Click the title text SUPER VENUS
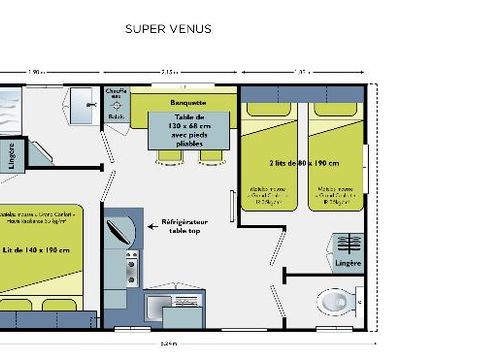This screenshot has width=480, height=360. [x=179, y=29]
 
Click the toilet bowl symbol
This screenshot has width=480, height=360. [x=334, y=300]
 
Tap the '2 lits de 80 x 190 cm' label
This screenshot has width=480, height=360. [x=303, y=162]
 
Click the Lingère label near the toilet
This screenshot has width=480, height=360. [x=347, y=264]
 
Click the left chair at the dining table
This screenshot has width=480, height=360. [x=166, y=157]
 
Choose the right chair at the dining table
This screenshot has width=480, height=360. [x=211, y=157]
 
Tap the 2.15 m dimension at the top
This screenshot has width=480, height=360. [x=171, y=72]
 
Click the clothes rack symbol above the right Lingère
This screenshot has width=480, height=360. [x=348, y=244]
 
